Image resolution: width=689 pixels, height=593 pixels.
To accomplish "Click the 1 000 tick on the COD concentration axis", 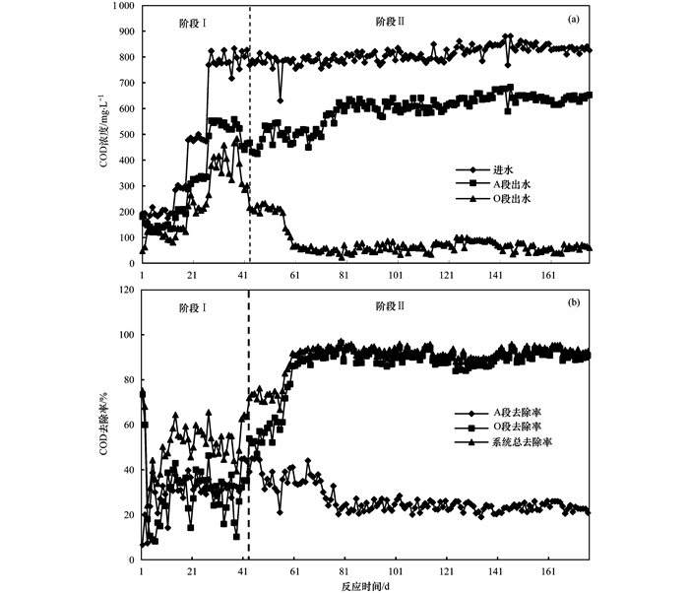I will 121,6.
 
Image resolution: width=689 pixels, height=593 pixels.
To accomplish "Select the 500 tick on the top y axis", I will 127,135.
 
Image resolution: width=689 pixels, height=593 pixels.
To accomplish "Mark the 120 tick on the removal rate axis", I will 127,291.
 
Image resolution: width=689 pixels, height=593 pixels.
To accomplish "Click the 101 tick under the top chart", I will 397,275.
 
